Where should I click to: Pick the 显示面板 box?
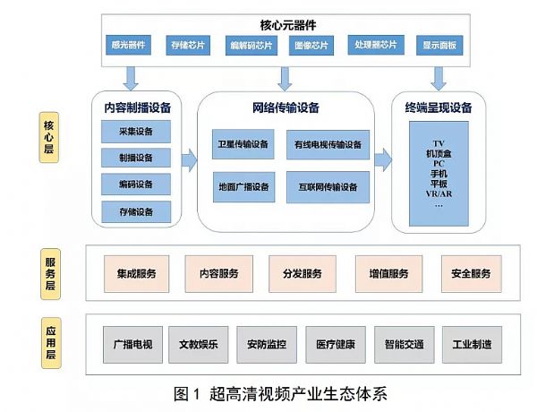tap(439, 44)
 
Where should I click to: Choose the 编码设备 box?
tap(134, 185)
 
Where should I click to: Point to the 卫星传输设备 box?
tap(243, 144)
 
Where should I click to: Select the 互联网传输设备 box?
tap(328, 187)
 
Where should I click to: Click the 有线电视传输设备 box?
tap(328, 144)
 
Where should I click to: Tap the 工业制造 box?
tap(472, 344)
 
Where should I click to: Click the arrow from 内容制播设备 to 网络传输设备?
tap(189, 161)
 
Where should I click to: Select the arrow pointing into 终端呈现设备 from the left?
tap(383, 161)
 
